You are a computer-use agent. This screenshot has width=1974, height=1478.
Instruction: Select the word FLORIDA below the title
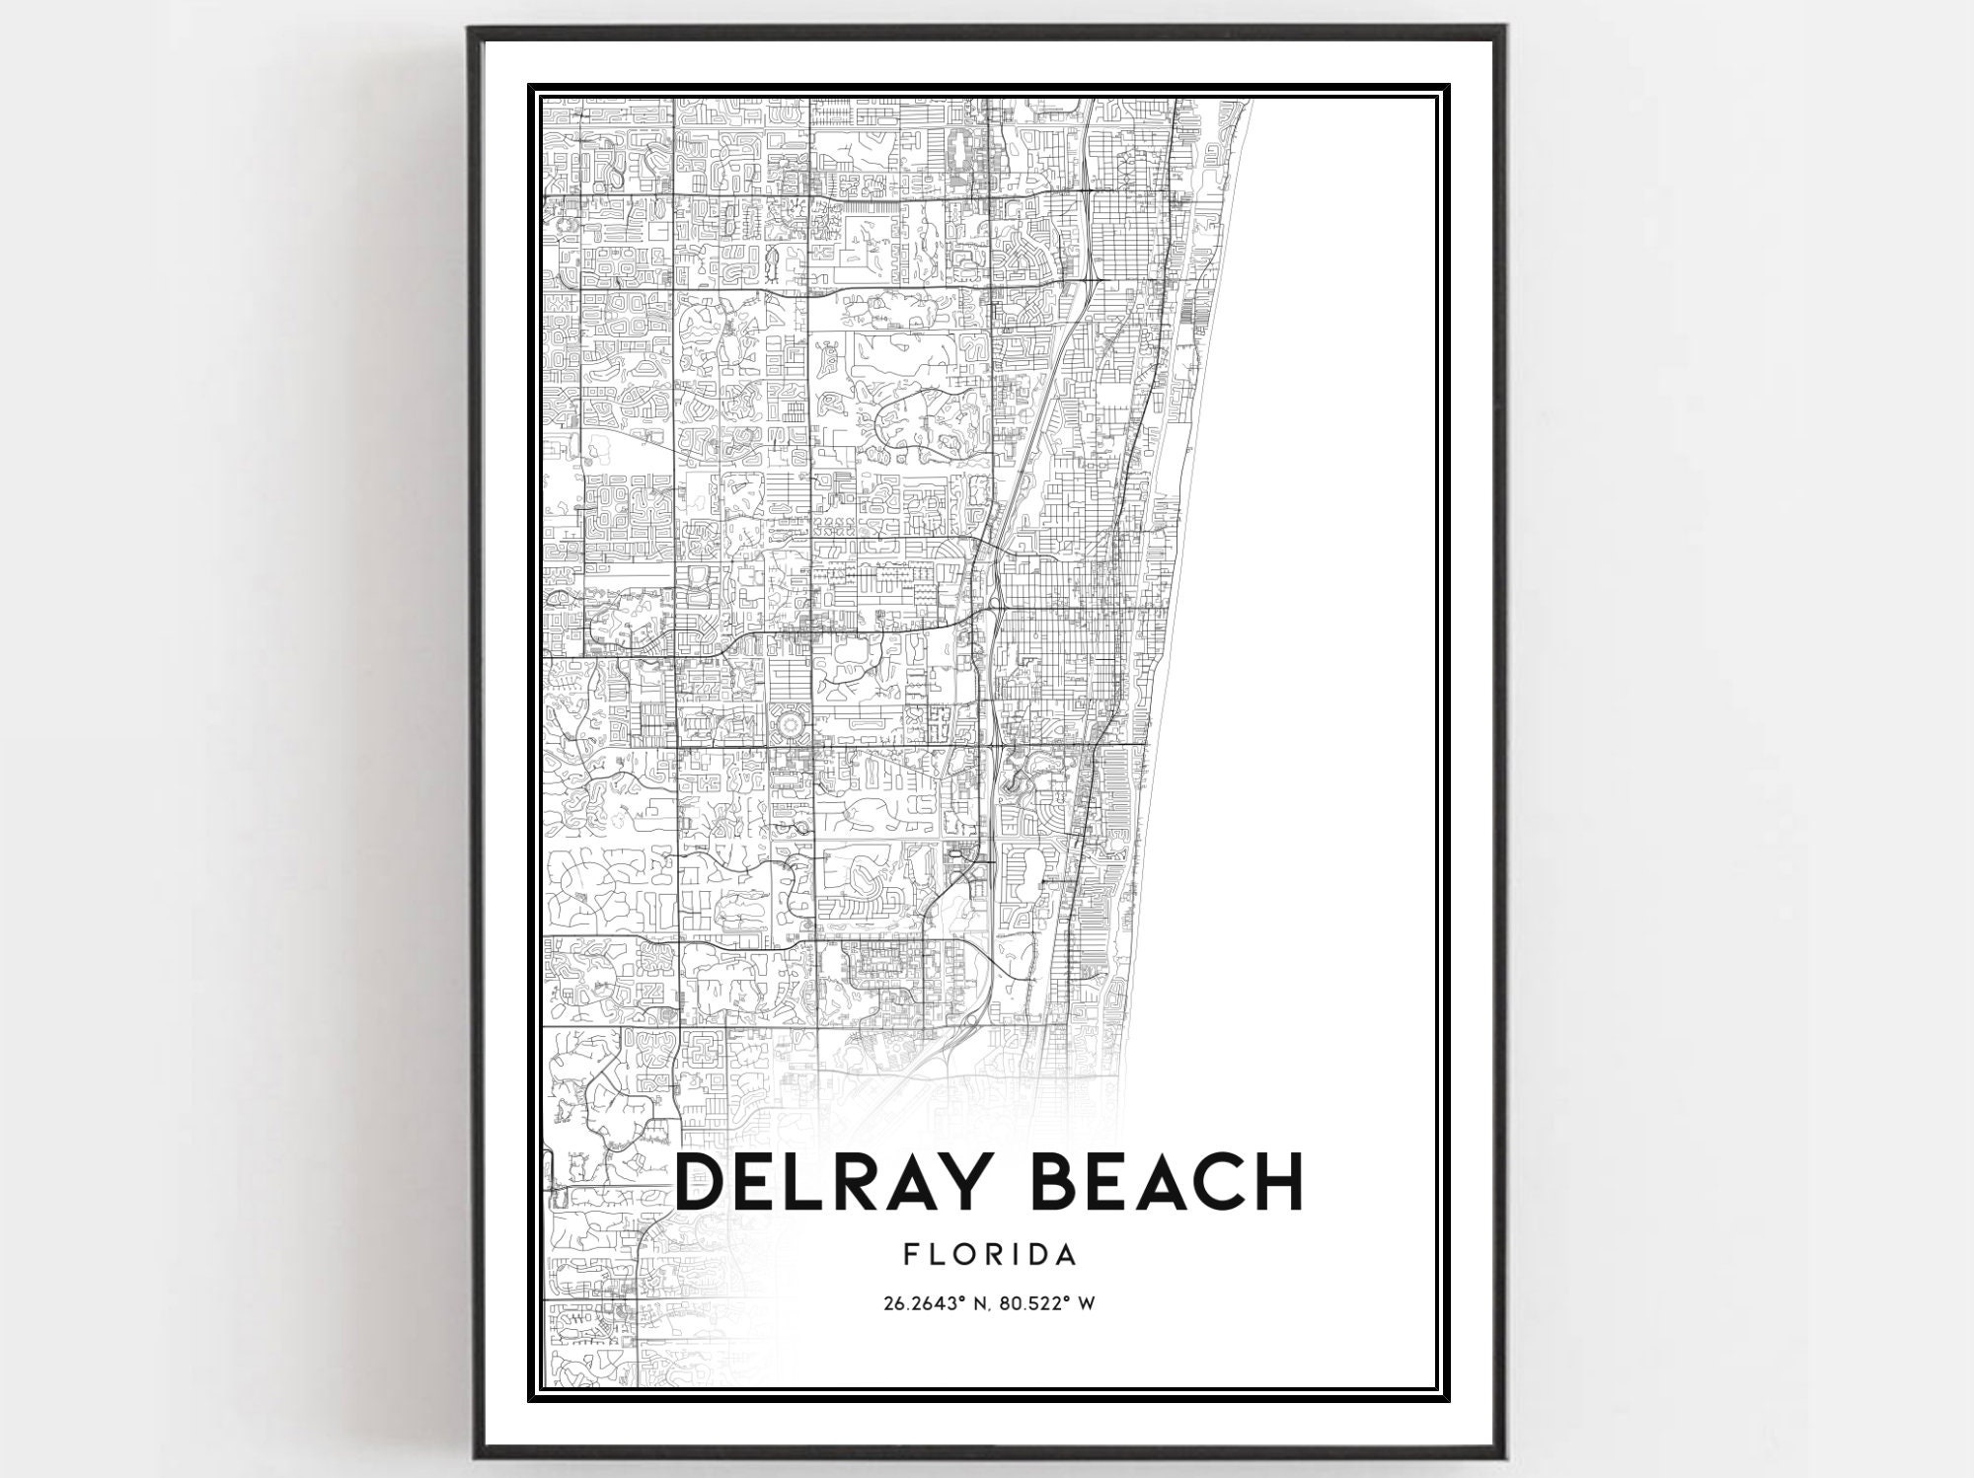pyautogui.click(x=989, y=1255)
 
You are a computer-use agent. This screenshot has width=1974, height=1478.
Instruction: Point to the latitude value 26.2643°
pyautogui.click(x=923, y=1303)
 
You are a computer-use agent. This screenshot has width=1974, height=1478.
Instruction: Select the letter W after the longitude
pyautogui.click(x=1087, y=1303)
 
